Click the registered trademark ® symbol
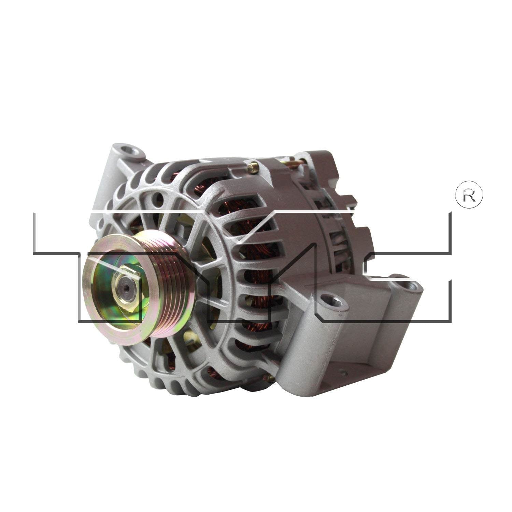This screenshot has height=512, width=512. (469, 194)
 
